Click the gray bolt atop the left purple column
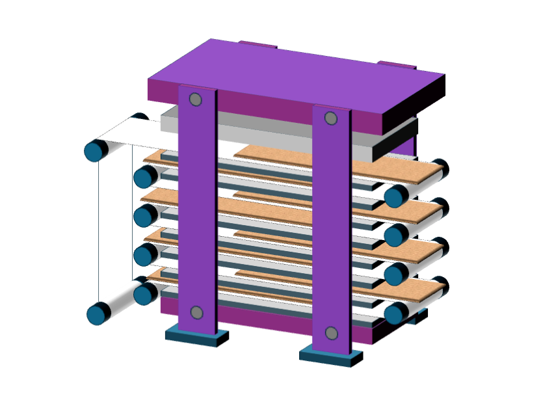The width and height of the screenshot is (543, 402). [x=195, y=100]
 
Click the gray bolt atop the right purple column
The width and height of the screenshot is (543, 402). [x=330, y=118]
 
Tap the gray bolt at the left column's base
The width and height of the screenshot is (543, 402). [x=197, y=312]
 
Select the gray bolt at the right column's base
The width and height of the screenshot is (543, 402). [x=331, y=333]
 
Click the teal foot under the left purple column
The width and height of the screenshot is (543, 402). [x=196, y=336]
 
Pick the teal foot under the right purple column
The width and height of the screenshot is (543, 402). [x=330, y=356]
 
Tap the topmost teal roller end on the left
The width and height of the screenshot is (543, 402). [x=96, y=151]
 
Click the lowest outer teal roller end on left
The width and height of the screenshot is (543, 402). [x=98, y=314]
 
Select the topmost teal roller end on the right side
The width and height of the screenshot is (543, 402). [x=395, y=196]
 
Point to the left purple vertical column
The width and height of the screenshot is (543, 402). [x=196, y=208]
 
